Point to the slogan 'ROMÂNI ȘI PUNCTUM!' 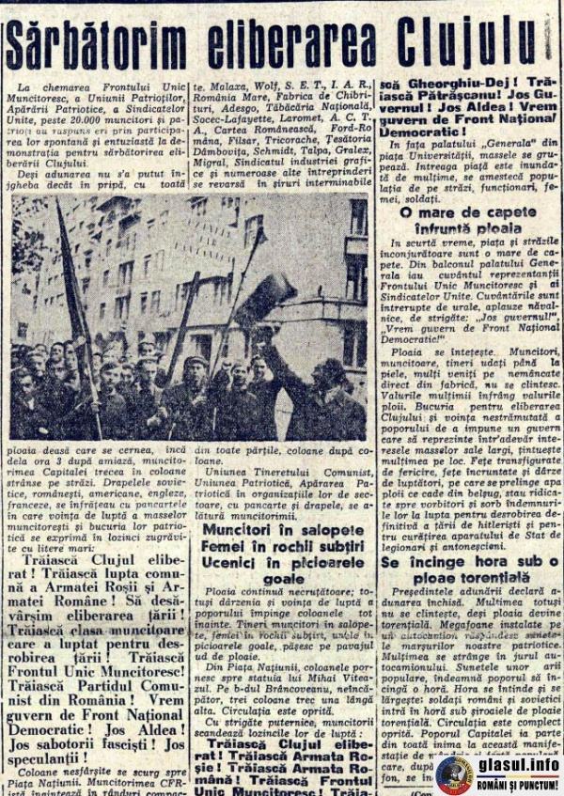pyautogui.click(x=518, y=785)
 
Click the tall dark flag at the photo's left pyautogui.click(x=75, y=301)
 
